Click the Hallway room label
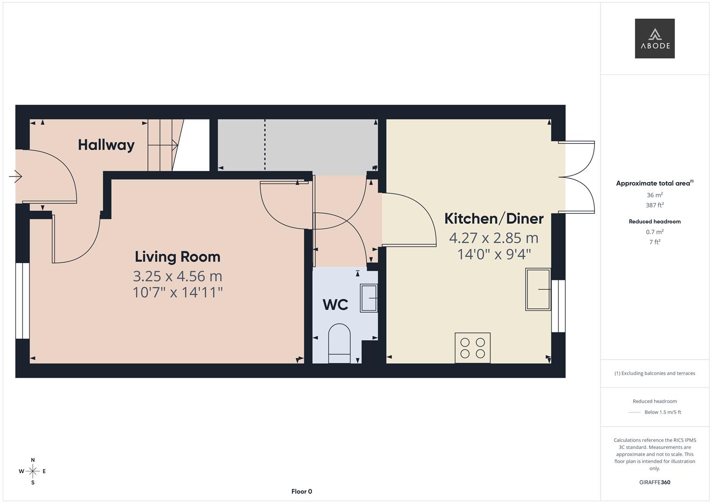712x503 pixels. pos(106,145)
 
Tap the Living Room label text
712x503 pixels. pos(177,257)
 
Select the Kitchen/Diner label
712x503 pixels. pos(493,218)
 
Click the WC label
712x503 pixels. pos(335,305)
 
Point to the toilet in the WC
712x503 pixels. pos(339,343)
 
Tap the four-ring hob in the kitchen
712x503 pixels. pos(472,347)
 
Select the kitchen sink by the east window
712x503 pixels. pos(538,289)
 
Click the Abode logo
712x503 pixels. pos(655,39)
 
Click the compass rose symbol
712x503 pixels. pos(33,471)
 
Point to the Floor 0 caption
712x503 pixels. pos(302,491)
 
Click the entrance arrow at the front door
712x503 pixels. pos(16,177)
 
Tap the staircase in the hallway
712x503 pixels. pos(163,145)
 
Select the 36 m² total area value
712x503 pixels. pos(655,195)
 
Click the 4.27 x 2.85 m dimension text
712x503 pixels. pos(493,238)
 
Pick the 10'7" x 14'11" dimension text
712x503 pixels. pos(177,292)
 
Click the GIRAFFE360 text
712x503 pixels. pos(655,482)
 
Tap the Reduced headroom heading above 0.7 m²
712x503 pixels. pos(655,222)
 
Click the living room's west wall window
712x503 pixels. pos(22,301)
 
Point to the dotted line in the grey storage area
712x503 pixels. pos(265,144)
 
